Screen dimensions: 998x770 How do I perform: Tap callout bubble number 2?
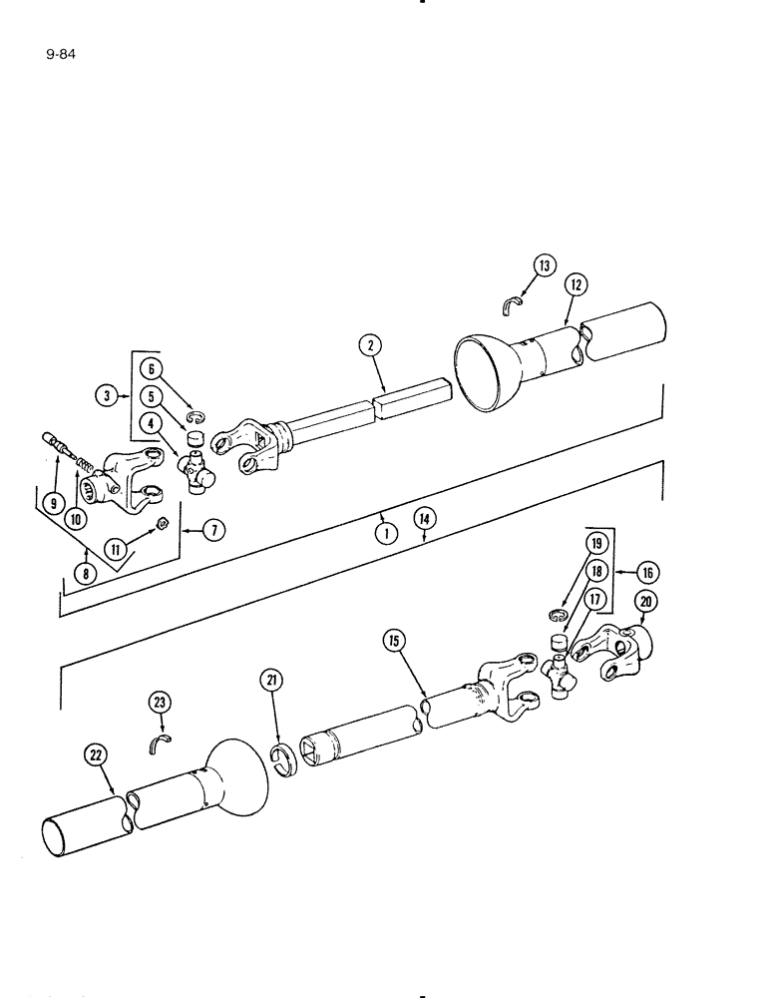(371, 346)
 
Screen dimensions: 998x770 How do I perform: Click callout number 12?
(575, 285)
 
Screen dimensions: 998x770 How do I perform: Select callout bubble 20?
(645, 601)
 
